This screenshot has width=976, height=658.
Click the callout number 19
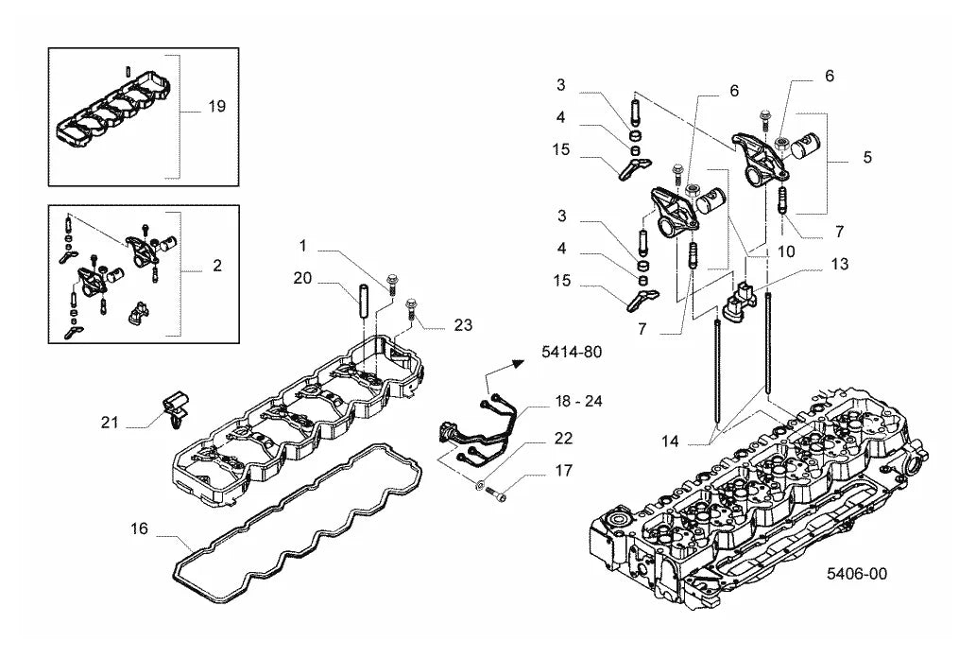[x=216, y=107]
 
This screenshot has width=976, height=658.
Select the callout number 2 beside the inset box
[x=216, y=266]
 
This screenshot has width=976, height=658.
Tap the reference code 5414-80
[x=572, y=352]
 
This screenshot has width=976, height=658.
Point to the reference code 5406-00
[x=857, y=573]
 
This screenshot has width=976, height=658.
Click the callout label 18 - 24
[x=578, y=401]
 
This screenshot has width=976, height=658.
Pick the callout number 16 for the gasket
[x=140, y=529]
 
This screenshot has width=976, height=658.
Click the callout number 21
[x=110, y=423]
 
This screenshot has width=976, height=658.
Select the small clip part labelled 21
[x=174, y=409]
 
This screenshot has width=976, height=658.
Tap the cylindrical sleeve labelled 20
[x=362, y=301]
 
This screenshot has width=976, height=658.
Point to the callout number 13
[x=839, y=264]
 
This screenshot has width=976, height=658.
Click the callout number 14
[x=670, y=442]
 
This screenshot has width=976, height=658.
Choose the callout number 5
[x=867, y=157]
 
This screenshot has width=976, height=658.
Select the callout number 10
[x=786, y=251]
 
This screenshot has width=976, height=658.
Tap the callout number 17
[x=563, y=471]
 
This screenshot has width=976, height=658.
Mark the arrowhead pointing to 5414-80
[x=516, y=361]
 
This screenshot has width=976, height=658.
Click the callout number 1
[x=303, y=246]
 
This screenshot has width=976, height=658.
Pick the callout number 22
[x=563, y=438]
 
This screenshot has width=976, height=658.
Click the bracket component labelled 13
[x=738, y=303]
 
